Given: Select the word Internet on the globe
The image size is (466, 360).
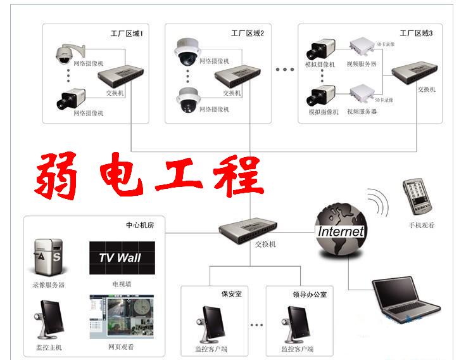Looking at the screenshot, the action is tap(341, 231).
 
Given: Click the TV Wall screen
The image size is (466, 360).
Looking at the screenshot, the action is tap(120, 257).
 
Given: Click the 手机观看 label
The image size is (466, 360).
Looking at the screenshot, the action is tap(422, 225).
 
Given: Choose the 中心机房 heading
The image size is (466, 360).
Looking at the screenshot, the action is tap(140, 225).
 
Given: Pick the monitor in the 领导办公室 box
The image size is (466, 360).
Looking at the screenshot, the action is tap(297, 324).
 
